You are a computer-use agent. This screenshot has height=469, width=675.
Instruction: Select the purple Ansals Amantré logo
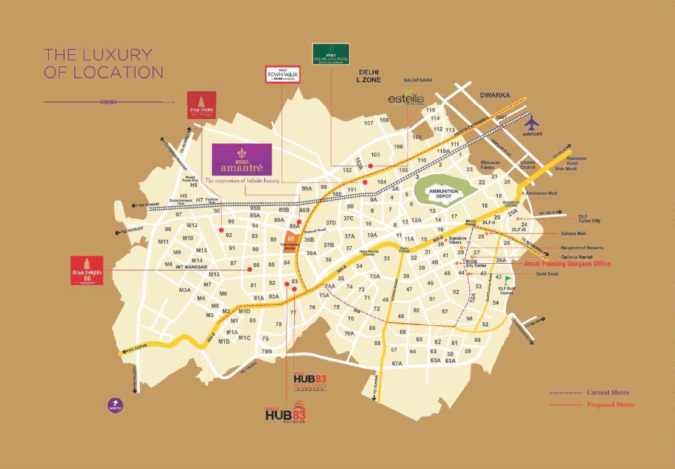(242, 160)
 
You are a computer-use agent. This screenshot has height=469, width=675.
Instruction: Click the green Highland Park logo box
(330, 54)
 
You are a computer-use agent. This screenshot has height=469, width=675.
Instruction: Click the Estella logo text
(406, 98)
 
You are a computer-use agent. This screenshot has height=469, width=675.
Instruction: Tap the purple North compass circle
(115, 404)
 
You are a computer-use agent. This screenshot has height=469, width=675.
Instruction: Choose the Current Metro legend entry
(607, 393)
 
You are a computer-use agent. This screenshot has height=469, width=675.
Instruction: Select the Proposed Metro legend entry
(610, 404)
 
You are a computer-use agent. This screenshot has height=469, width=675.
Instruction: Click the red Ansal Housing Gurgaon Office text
(567, 264)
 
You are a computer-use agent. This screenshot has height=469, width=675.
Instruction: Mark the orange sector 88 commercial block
(291, 242)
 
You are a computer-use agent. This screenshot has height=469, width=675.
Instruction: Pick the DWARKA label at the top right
(495, 95)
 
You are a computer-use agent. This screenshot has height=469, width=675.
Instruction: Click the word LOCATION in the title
(118, 72)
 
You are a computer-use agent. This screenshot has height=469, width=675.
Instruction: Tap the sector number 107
(369, 124)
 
